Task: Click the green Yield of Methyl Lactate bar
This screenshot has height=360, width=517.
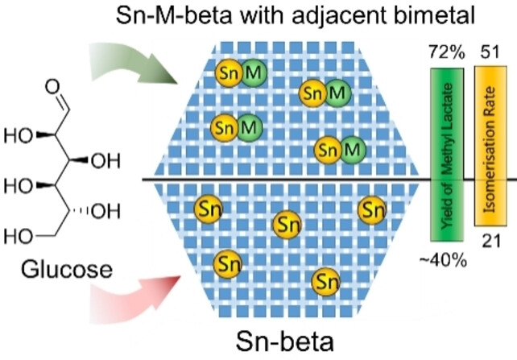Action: [x=448, y=153]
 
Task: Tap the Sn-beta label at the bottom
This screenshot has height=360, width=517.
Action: [x=287, y=341]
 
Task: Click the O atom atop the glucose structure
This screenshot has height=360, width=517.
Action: [x=52, y=82]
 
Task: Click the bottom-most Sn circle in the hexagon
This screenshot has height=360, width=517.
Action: [x=325, y=280]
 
